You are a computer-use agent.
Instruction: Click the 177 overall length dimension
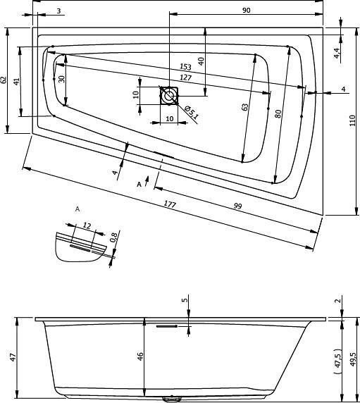170,204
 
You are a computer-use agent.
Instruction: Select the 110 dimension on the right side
353,120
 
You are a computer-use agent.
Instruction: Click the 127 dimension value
187,77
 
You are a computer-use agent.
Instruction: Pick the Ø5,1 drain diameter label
191,111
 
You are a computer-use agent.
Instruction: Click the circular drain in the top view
169,94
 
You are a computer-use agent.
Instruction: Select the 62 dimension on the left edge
5,80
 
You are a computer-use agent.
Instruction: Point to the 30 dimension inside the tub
62,79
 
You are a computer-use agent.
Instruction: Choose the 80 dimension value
279,113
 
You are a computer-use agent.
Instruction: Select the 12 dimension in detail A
87,225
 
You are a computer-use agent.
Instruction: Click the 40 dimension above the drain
201,61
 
